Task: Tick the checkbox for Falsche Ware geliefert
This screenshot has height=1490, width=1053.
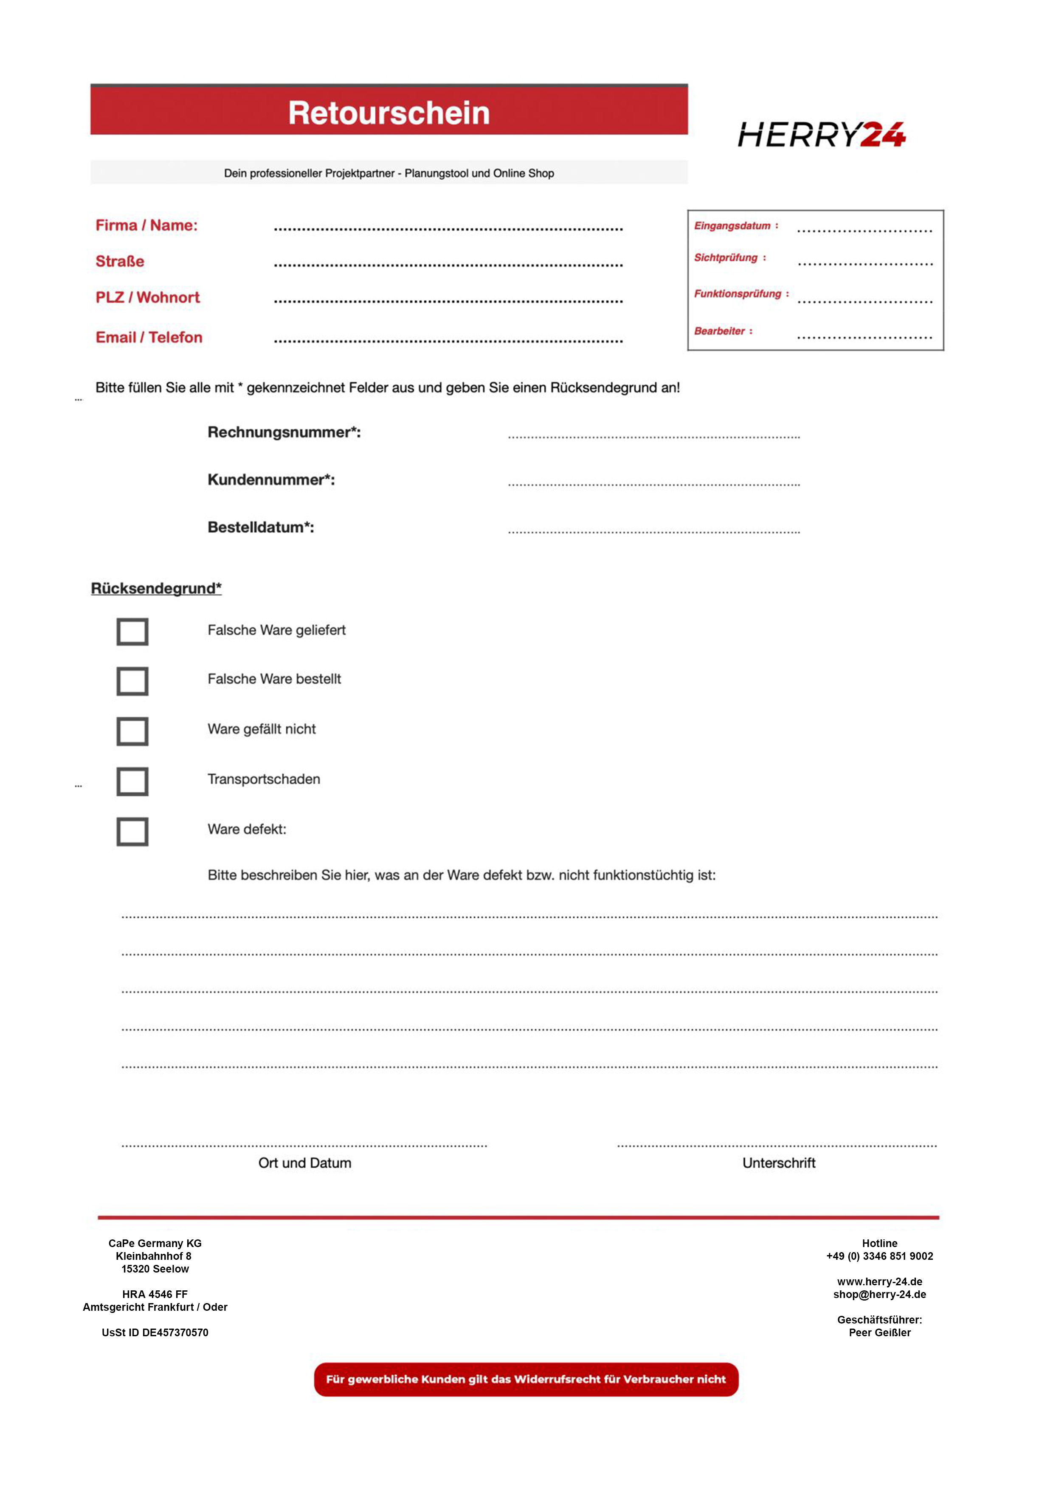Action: pos(132,632)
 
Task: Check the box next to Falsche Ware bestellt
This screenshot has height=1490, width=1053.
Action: pos(132,681)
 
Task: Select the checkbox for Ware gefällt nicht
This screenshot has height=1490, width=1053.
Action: pos(132,731)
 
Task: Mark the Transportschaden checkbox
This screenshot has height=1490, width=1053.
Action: pos(132,782)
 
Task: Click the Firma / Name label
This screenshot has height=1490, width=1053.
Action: pos(146,225)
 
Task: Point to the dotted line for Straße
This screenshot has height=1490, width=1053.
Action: pos(448,265)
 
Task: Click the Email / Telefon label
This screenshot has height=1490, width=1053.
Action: pos(149,337)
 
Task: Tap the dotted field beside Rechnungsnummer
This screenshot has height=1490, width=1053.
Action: pos(653,437)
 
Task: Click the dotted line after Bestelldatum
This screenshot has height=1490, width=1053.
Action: pos(653,531)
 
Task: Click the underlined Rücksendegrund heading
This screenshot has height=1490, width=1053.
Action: pos(156,589)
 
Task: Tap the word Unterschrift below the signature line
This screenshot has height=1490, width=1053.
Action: pos(779,1163)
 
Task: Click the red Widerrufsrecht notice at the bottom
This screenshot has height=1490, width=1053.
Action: pos(526,1379)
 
